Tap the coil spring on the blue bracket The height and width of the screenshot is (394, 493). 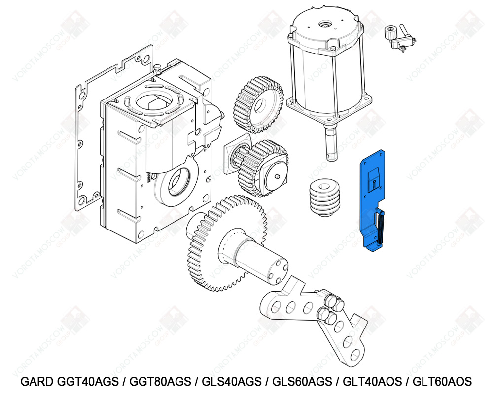pos(381,228)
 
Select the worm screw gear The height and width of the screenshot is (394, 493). pos(325,197)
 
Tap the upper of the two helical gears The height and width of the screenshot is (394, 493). pos(257,104)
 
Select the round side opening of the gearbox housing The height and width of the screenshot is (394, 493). pos(176,183)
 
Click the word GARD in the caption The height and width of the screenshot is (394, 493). pos(37,382)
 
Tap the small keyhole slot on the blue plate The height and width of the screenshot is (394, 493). pos(374,184)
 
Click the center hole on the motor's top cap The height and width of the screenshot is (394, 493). pos(325,23)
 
